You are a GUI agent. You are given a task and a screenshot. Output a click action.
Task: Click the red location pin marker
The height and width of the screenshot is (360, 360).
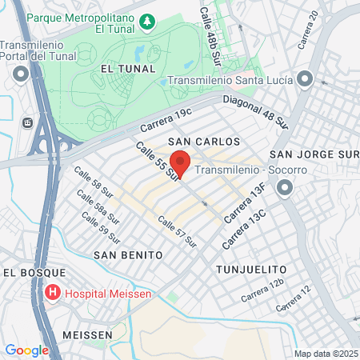pyautogui.click(x=180, y=162)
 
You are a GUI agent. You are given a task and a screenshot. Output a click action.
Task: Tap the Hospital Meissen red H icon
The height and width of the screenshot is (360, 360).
pyautogui.click(x=54, y=292)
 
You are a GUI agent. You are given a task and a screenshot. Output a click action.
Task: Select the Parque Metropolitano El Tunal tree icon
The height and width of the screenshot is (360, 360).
pyautogui.click(x=147, y=19)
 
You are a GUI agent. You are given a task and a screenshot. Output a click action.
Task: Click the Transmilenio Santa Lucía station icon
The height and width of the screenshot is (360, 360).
pyautogui.click(x=304, y=78)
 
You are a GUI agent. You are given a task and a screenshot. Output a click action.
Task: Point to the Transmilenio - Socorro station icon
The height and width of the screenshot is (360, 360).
pyautogui.click(x=286, y=189)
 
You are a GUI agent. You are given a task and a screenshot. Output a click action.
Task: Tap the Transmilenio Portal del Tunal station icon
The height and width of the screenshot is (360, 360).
pyautogui.click(x=22, y=75)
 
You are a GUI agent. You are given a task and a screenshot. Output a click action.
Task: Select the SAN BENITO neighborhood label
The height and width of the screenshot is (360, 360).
pyautogui.click(x=128, y=254)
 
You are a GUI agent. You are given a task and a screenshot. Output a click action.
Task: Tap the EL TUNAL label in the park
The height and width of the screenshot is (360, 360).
pyautogui.click(x=122, y=70)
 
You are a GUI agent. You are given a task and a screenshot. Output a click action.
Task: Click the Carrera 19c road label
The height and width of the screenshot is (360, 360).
pyautogui.click(x=166, y=120)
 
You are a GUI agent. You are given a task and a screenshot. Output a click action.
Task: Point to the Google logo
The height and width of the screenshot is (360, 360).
pyautogui.click(x=26, y=350)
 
